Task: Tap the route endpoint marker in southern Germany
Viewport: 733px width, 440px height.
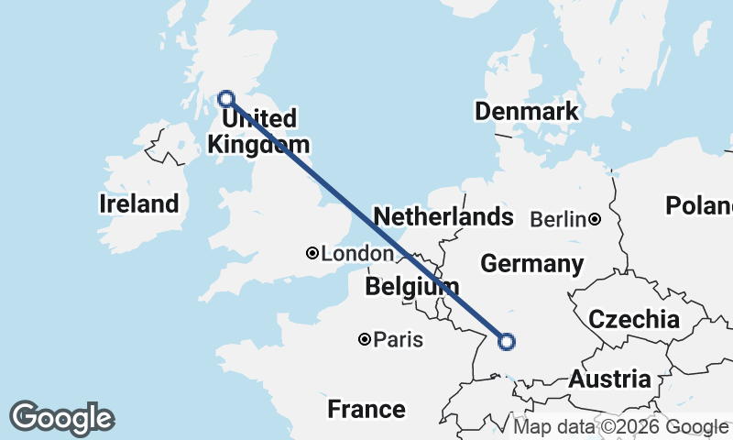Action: pos(506,342)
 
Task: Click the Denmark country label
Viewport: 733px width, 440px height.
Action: pos(526,112)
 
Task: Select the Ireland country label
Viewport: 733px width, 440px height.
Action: pos(138,203)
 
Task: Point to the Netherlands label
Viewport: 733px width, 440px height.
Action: pos(443,217)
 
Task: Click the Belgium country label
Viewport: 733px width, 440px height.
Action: pos(411,287)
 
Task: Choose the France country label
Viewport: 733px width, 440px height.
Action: pos(366,409)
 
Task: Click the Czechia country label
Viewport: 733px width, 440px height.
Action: pos(634,319)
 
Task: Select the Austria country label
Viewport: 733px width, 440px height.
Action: pos(609,379)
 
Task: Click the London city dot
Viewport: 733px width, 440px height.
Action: pos(312,253)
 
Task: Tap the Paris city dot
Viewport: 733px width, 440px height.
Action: pos(365,340)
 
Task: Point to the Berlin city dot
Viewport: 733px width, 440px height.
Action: pos(595,219)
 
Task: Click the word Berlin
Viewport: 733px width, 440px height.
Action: pos(558,219)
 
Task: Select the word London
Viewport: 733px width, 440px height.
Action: pos(357,253)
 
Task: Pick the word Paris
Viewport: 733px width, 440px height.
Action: pos(399,340)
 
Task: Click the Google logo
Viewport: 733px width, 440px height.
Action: pos(61,418)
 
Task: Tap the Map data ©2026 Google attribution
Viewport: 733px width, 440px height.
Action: pos(621,427)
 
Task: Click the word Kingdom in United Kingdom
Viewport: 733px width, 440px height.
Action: pos(259,144)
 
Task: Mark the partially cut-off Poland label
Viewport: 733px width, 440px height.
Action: pos(699,205)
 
